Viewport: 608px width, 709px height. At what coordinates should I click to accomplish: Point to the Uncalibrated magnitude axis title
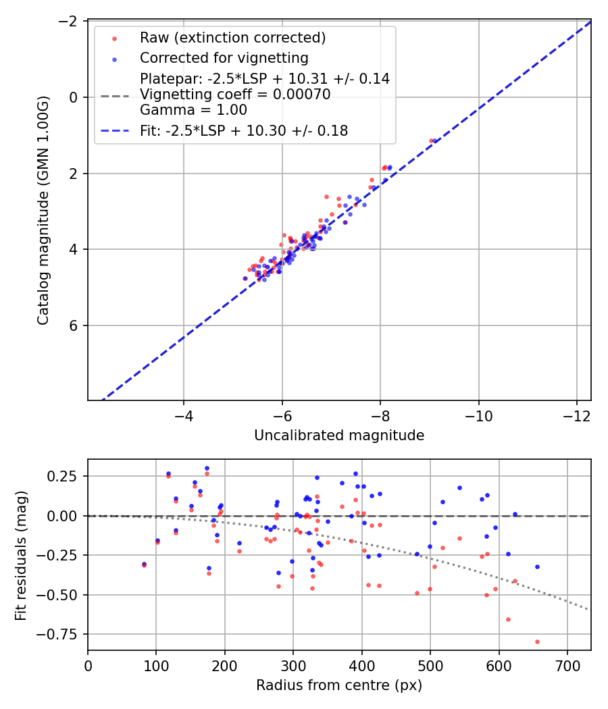click(x=339, y=436)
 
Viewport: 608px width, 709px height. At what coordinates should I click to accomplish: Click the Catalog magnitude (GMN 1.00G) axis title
click(x=43, y=210)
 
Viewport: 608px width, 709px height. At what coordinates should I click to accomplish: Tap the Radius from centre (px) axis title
click(x=339, y=685)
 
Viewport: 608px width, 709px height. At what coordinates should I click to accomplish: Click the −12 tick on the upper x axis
click(x=577, y=412)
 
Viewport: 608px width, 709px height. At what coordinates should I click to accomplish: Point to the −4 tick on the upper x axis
click(x=184, y=412)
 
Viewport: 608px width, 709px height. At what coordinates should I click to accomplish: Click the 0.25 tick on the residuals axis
click(x=66, y=476)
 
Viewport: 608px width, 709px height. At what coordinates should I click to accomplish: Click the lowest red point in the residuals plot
click(x=537, y=641)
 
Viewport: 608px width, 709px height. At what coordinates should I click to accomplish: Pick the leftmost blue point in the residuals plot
click(x=144, y=564)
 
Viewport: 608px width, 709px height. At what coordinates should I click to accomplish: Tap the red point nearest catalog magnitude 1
click(x=431, y=140)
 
